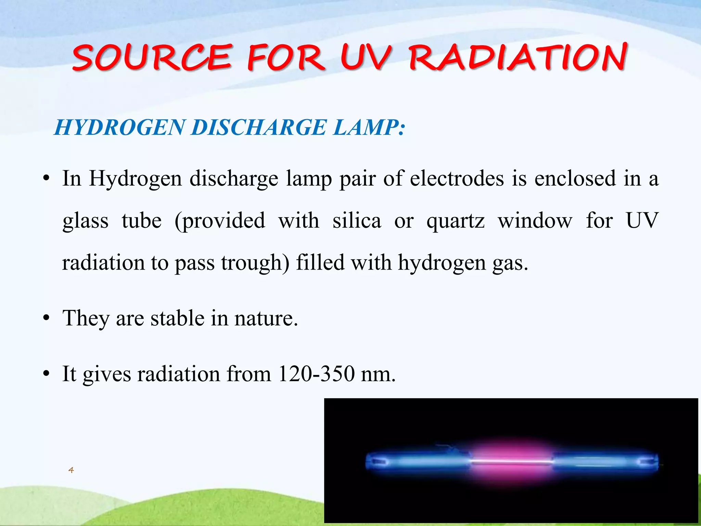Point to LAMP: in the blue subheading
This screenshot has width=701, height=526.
click(369, 127)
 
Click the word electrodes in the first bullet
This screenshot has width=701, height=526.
click(457, 178)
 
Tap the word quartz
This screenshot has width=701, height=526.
click(456, 221)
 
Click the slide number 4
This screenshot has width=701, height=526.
click(71, 470)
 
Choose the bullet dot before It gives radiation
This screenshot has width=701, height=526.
click(46, 374)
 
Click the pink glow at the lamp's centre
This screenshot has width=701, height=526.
click(512, 461)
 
